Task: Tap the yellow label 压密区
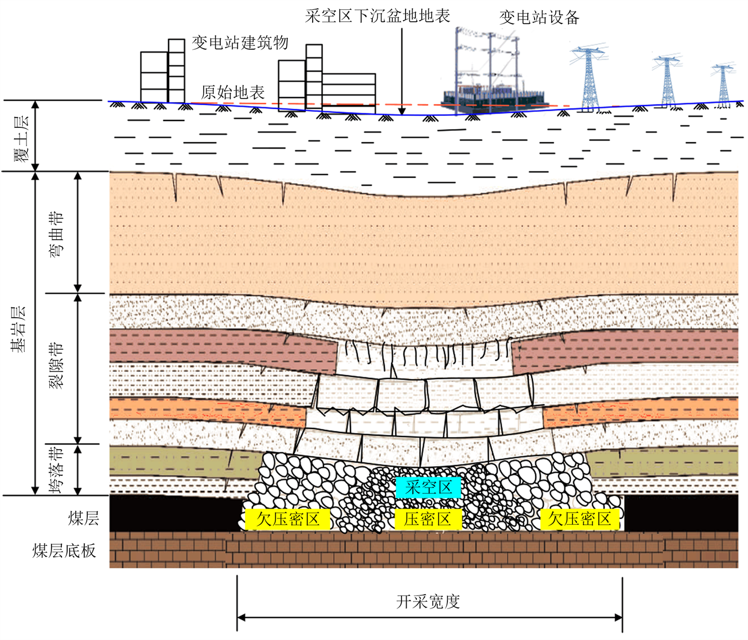click(427, 519)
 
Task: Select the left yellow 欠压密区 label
click(287, 519)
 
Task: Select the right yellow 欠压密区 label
click(579, 519)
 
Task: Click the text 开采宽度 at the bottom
click(428, 602)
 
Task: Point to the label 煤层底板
click(64, 551)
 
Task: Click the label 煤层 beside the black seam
click(84, 518)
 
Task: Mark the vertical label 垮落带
click(56, 469)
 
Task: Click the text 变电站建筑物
click(240, 42)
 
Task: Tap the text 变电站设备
click(539, 17)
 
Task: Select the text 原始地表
click(233, 92)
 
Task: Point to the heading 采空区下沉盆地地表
click(377, 15)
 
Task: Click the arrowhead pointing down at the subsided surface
click(402, 111)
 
